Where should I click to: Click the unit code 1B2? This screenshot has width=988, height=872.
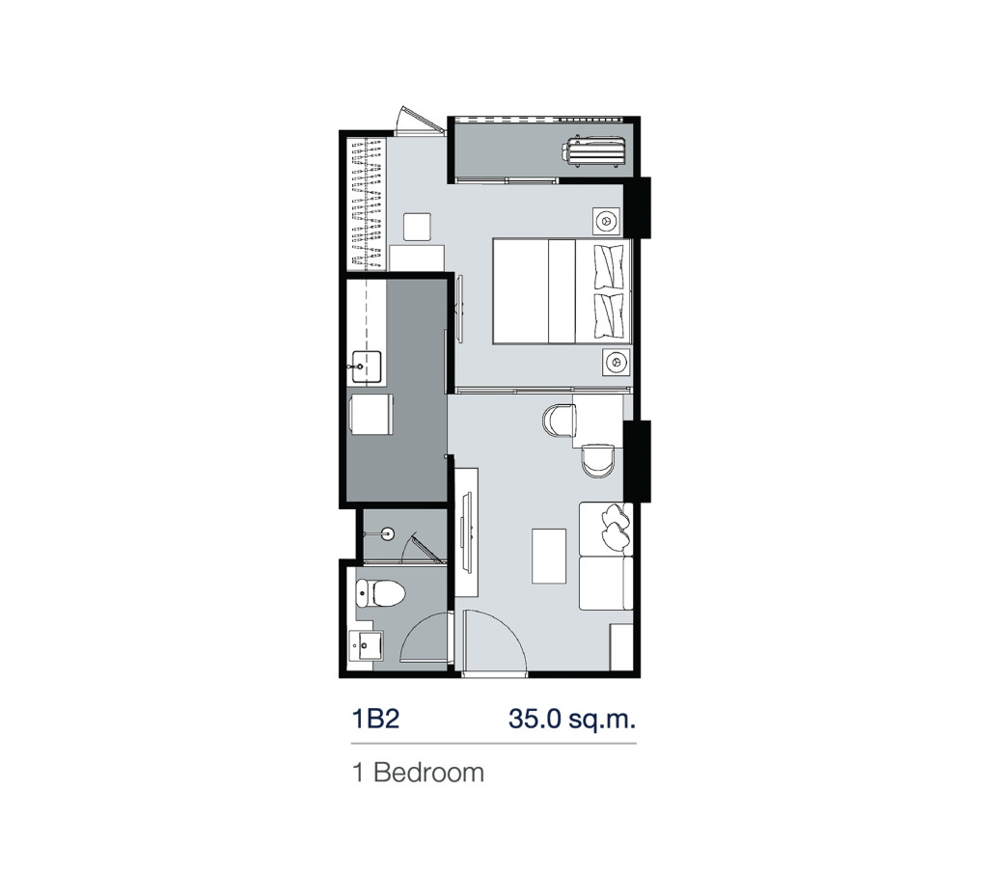(x=376, y=720)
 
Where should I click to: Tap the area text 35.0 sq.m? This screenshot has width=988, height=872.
(x=572, y=720)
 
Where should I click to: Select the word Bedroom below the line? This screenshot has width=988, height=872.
(x=428, y=773)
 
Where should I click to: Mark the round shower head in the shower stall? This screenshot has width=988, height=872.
(x=389, y=531)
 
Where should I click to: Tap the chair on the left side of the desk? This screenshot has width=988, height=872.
(x=559, y=421)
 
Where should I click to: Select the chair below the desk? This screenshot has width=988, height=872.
(x=597, y=461)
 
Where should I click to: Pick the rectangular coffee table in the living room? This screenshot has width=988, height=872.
(x=549, y=555)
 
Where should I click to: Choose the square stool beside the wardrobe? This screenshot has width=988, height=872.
(x=419, y=226)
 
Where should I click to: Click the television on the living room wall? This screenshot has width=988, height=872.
(x=465, y=531)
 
